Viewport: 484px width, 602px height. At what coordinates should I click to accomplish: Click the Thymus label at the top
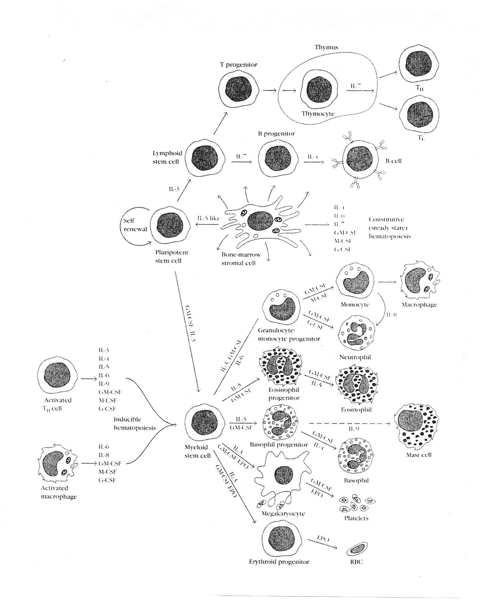(x=326, y=47)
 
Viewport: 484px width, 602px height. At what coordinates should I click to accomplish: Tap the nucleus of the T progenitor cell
(x=239, y=89)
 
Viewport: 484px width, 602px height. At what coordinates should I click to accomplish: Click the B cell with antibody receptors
(x=362, y=161)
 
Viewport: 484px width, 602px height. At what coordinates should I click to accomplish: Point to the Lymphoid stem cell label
(x=167, y=157)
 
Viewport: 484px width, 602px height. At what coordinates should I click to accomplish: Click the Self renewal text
(x=135, y=225)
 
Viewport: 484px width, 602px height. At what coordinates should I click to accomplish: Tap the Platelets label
(x=356, y=518)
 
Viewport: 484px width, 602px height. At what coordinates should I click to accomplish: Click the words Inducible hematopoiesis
(x=134, y=423)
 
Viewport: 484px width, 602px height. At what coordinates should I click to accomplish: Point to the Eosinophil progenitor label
(x=284, y=394)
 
